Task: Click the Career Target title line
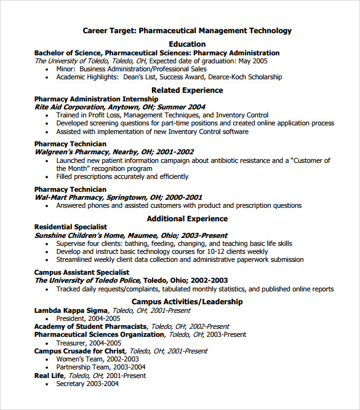click(187, 31)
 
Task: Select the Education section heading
click(187, 44)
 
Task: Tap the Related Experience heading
click(187, 90)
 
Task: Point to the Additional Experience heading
click(187, 219)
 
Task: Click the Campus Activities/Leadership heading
click(187, 302)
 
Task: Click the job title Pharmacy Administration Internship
click(96, 99)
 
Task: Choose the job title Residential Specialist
click(70, 227)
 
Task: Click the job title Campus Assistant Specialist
click(82, 272)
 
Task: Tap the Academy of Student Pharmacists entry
click(90, 326)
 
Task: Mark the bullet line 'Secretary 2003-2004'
click(87, 384)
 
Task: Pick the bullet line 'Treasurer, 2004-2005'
click(89, 343)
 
